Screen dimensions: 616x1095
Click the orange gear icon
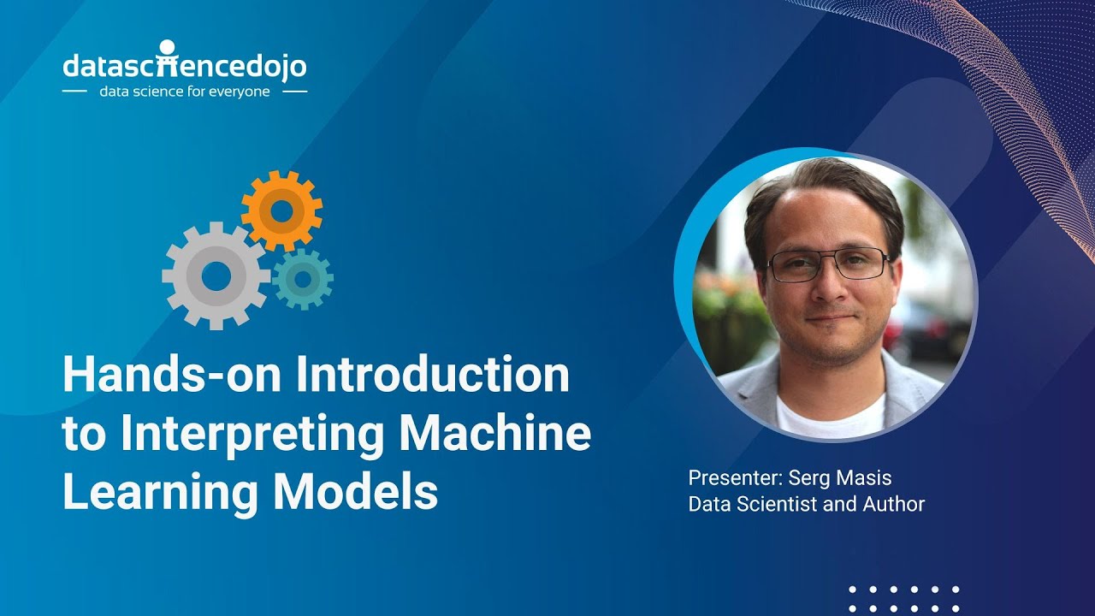[x=281, y=210]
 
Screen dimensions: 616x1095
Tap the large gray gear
[x=216, y=275]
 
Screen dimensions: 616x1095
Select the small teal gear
[x=302, y=278]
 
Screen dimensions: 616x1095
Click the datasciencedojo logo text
[x=184, y=66]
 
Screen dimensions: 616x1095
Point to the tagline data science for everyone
[x=184, y=91]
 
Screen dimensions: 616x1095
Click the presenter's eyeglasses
[x=828, y=264]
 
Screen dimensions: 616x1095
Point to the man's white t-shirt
[x=830, y=415]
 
